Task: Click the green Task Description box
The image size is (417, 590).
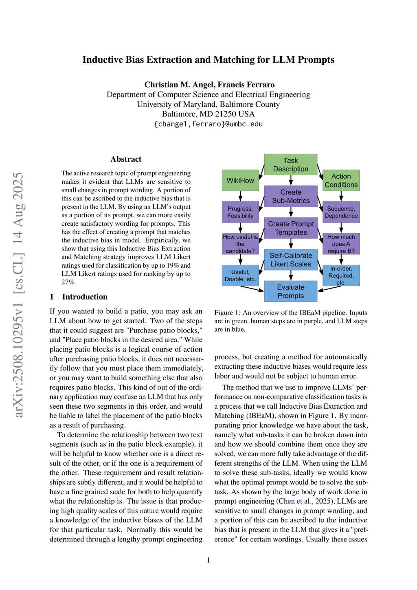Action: (x=290, y=165)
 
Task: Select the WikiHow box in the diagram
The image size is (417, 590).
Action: (x=240, y=181)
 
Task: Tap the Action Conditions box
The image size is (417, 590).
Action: (x=341, y=181)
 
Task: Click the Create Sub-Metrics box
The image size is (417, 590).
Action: (x=290, y=196)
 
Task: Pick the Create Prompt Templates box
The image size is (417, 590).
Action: (x=290, y=228)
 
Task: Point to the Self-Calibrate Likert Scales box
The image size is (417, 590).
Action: (x=290, y=260)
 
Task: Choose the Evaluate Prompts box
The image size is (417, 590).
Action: (x=290, y=291)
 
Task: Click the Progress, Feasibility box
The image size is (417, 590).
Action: (x=240, y=212)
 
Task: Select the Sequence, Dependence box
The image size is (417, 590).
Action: (x=341, y=212)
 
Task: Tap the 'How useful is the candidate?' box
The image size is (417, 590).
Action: (x=240, y=244)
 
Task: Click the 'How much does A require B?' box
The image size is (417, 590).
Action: (x=341, y=244)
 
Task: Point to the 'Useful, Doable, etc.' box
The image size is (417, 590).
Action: (x=240, y=275)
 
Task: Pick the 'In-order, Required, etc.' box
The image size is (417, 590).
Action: (x=341, y=275)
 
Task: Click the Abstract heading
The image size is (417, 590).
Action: (x=126, y=159)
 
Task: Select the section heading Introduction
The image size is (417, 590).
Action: (x=85, y=297)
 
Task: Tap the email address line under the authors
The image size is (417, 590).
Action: (x=208, y=124)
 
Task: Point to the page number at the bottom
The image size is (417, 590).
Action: (x=208, y=560)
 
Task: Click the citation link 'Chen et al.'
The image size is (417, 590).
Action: (x=294, y=501)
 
